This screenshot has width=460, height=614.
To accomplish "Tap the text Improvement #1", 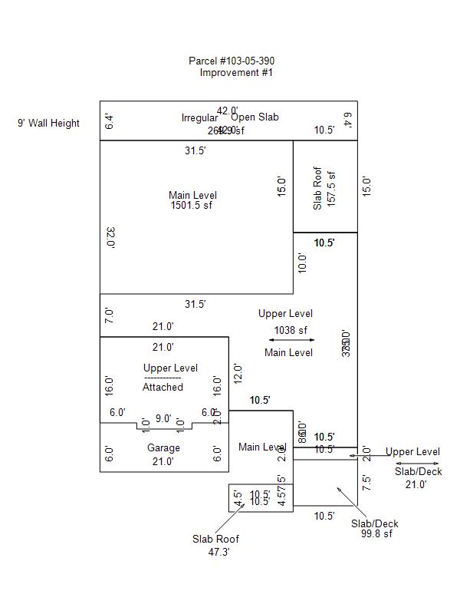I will click(x=236, y=73).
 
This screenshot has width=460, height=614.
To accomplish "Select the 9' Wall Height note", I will click(x=48, y=123).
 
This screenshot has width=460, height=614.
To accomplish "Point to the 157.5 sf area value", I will click(x=331, y=188).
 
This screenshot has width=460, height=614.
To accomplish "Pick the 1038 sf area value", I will click(x=291, y=331).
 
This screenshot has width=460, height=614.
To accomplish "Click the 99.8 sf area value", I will click(x=376, y=533).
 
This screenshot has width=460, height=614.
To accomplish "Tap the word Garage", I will click(x=163, y=447).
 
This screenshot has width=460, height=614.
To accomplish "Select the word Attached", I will click(x=163, y=387).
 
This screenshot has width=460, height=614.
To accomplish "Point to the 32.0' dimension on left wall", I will click(x=110, y=237).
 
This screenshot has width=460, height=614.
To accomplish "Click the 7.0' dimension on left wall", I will click(x=110, y=315).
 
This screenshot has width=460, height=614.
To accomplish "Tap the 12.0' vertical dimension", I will click(x=238, y=374).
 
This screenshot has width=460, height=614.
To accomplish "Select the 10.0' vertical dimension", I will click(x=302, y=263).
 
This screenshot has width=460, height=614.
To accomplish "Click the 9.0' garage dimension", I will click(x=163, y=418).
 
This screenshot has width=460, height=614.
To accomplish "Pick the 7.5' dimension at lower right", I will click(x=366, y=483).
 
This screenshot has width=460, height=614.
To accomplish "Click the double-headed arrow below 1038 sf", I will click(x=291, y=340).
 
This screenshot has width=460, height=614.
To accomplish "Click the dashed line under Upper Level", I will click(x=163, y=378).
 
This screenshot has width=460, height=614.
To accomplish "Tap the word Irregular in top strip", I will click(x=199, y=117).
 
